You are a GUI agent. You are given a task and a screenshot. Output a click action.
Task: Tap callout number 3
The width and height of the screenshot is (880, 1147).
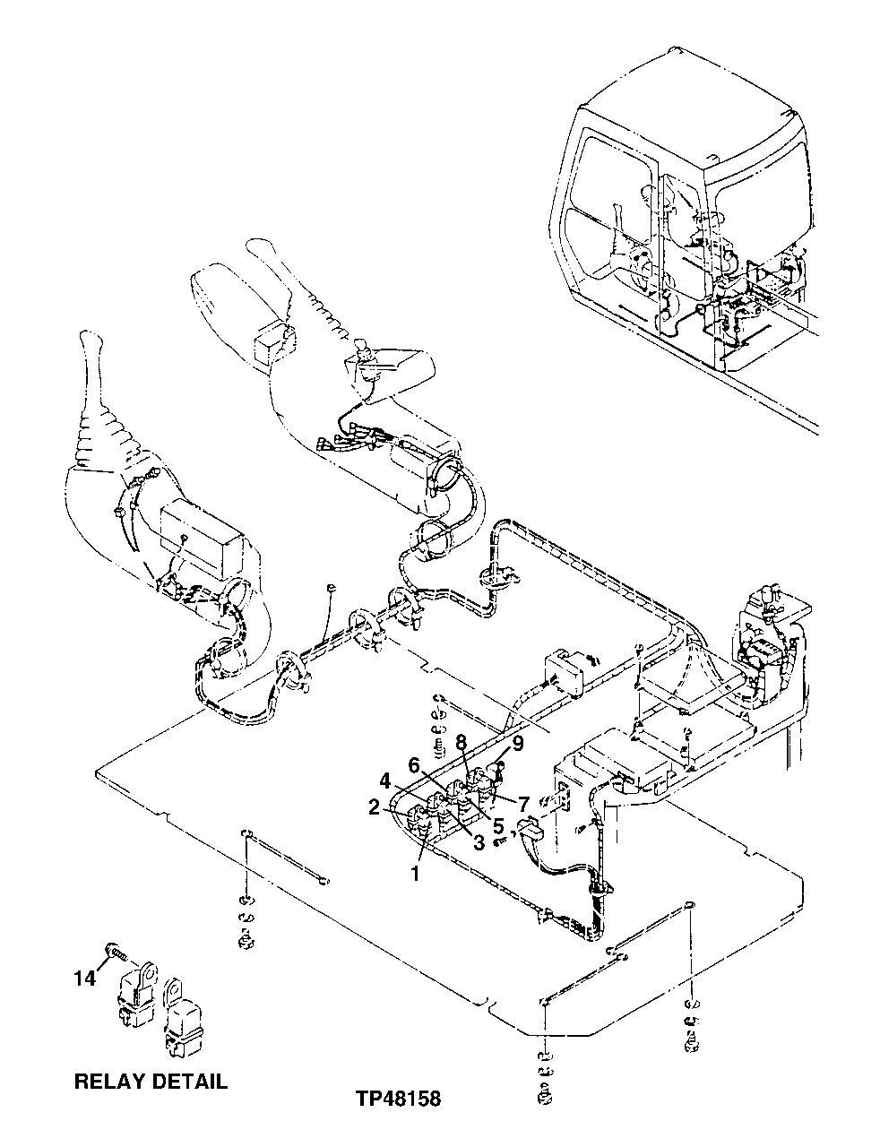click(x=479, y=841)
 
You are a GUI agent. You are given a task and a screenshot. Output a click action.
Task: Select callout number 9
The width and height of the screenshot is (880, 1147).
click(x=517, y=743)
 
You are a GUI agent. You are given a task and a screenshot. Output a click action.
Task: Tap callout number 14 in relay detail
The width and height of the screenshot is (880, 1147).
click(x=83, y=979)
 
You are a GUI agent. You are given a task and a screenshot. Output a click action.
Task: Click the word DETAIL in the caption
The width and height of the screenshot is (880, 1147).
click(x=192, y=1081)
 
